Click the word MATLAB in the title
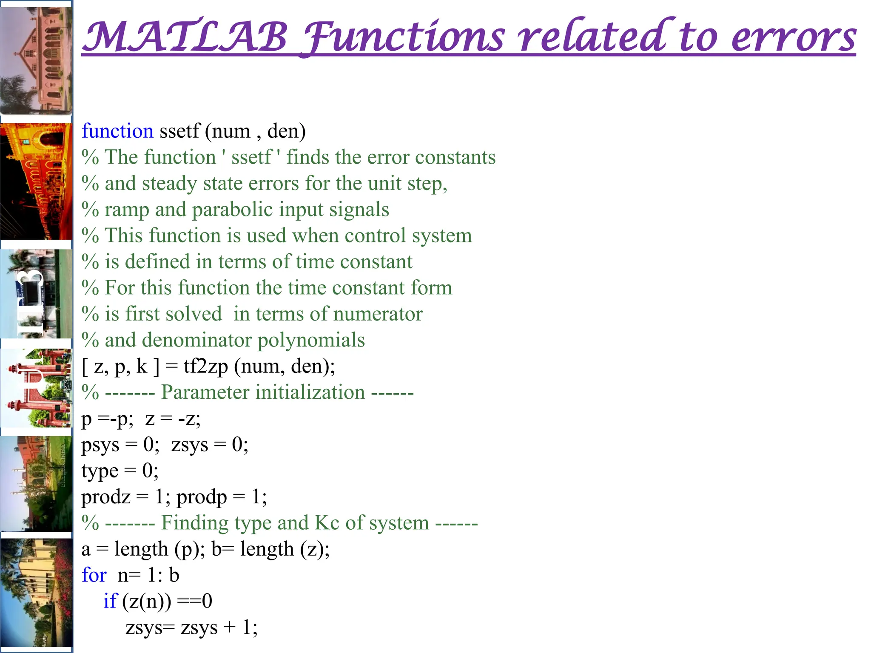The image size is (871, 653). click(185, 37)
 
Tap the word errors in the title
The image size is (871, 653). click(793, 37)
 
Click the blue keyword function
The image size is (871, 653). click(117, 131)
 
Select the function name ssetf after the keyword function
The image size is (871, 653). click(179, 131)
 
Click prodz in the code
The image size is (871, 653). click(106, 497)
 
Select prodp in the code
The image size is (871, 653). click(202, 497)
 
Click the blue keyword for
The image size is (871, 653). click(94, 575)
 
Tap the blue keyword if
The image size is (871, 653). click(110, 601)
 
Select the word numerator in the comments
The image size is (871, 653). click(378, 314)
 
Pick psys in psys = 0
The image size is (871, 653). click(100, 445)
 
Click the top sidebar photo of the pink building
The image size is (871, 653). click(36, 60)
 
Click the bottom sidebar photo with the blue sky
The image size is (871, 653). click(36, 593)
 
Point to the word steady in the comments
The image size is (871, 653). click(169, 184)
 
